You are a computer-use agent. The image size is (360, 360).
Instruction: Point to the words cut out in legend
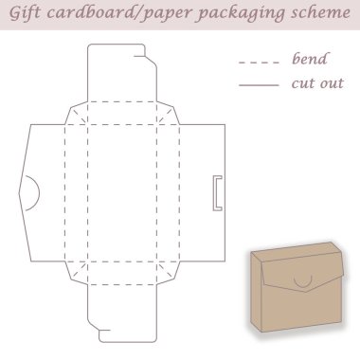click(x=317, y=83)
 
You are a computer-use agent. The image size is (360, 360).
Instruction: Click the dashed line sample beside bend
click(x=259, y=63)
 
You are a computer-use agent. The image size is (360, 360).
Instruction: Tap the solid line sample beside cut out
click(x=259, y=84)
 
